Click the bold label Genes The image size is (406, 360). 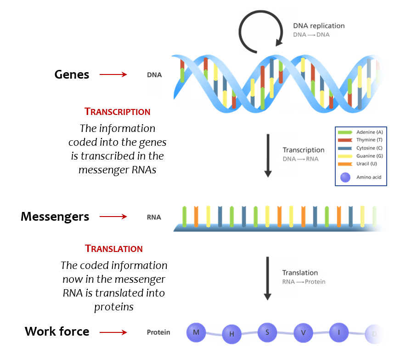pyautogui.click(x=72, y=74)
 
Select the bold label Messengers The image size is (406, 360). pyautogui.click(x=55, y=217)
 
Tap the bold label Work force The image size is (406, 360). pyautogui.click(x=57, y=331)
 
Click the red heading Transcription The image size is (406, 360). pyautogui.click(x=118, y=112)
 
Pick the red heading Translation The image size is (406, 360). pyautogui.click(x=114, y=249)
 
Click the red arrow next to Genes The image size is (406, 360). pyautogui.click(x=113, y=74)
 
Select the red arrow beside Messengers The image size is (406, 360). pyautogui.click(x=113, y=217)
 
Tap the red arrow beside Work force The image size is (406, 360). pyautogui.click(x=113, y=332)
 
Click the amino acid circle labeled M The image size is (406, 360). pyautogui.click(x=197, y=332)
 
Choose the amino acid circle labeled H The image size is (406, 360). pyautogui.click(x=232, y=334)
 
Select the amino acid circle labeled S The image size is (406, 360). pyautogui.click(x=267, y=331)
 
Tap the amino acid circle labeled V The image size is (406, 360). pyautogui.click(x=303, y=332)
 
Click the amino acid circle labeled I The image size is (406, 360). pyautogui.click(x=339, y=331)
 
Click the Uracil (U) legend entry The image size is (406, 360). pyautogui.click(x=359, y=164)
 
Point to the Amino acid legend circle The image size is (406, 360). pyautogui.click(x=345, y=177)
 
